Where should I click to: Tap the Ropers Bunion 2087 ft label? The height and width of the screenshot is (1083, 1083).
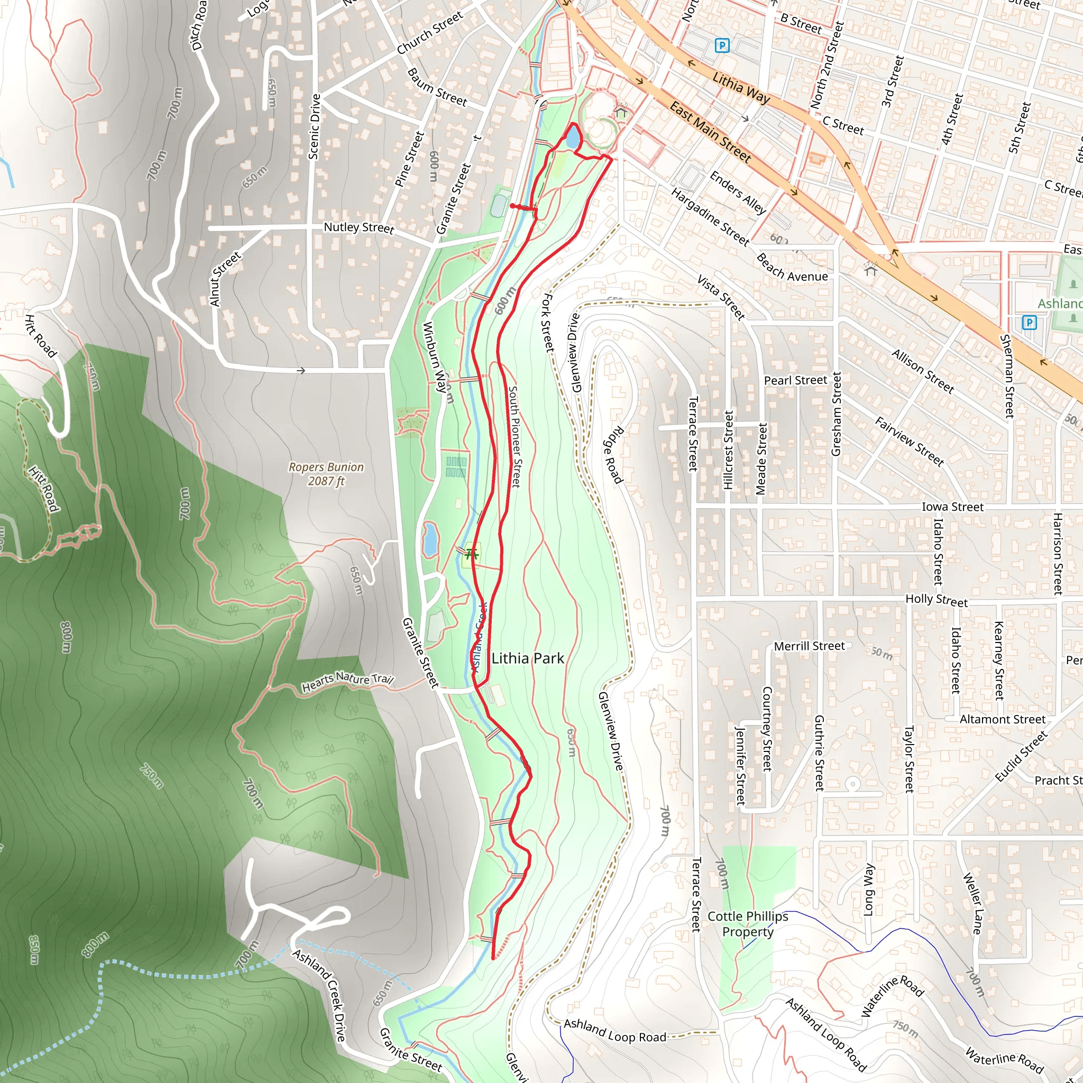(x=326, y=474)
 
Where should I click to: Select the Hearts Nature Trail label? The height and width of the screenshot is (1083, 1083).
(x=347, y=682)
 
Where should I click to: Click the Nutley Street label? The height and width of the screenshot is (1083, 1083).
(x=359, y=227)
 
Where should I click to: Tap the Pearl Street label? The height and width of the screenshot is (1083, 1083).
(x=795, y=380)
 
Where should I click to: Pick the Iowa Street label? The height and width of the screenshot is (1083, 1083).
(x=952, y=507)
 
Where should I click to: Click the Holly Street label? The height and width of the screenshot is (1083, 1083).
(x=937, y=600)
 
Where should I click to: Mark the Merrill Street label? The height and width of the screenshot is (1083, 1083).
(x=809, y=646)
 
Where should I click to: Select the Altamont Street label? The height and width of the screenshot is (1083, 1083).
(x=1002, y=719)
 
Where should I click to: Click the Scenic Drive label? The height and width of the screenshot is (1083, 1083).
(x=315, y=127)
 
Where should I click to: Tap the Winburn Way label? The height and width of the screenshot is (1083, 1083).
(x=435, y=356)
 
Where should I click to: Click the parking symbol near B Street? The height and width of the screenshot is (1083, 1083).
(x=722, y=45)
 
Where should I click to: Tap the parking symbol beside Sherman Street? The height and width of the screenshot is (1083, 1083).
(x=1029, y=323)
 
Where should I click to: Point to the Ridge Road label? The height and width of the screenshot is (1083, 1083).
(x=613, y=455)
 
